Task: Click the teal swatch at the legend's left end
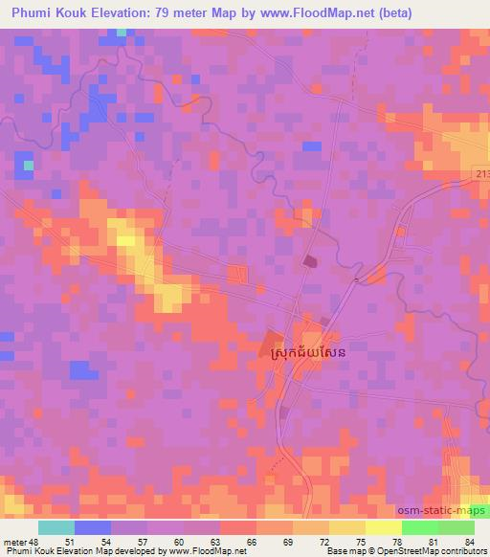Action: coord(56,526)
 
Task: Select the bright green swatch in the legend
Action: coord(420,526)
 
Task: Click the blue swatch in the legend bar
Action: coord(92,526)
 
